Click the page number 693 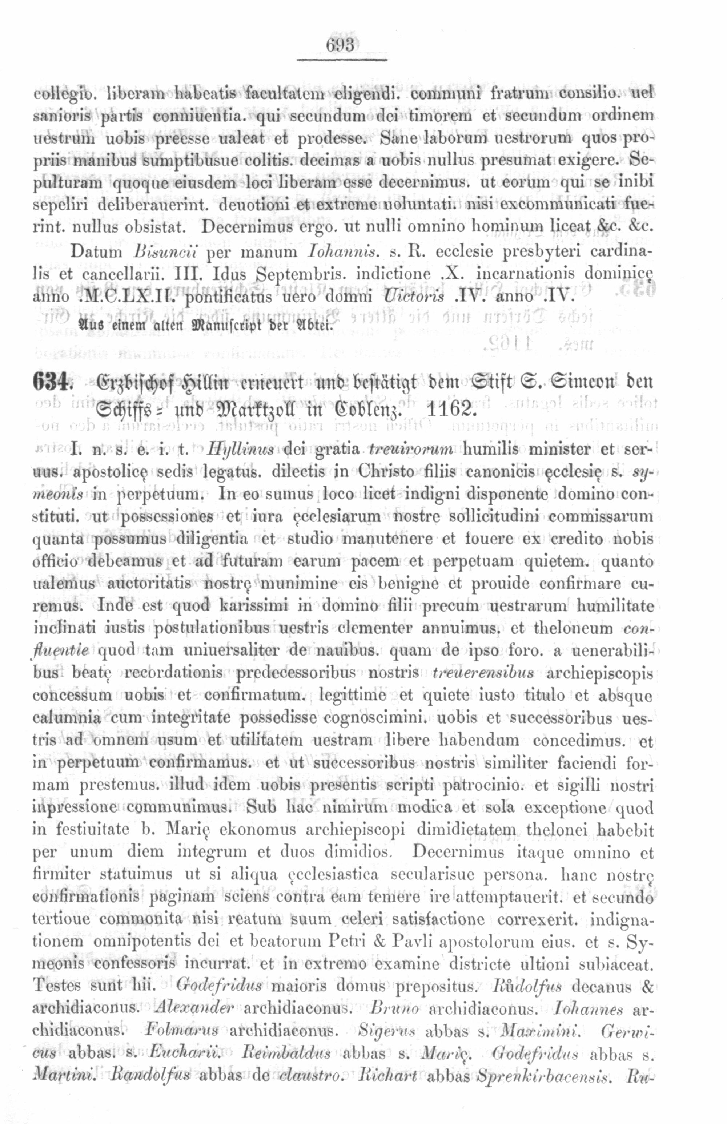point(340,46)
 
